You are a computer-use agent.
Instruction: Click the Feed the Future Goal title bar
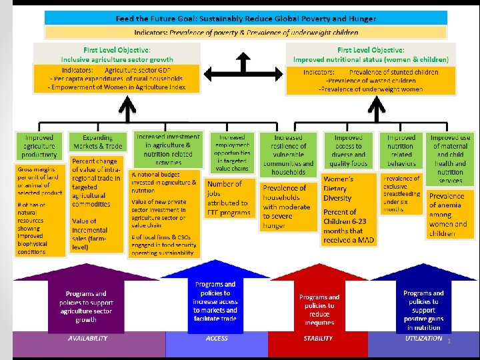245,19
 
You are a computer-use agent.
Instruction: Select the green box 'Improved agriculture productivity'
40,147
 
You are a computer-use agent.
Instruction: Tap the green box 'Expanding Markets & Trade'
98,143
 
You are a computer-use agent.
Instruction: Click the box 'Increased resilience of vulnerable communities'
288,155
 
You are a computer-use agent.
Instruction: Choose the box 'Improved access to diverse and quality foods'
348,151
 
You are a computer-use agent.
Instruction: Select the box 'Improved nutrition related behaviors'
401,151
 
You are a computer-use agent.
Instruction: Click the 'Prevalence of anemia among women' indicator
447,215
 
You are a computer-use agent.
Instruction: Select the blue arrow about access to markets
215,301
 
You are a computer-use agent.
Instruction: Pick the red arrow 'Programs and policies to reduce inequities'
319,308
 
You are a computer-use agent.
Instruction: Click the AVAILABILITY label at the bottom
87,339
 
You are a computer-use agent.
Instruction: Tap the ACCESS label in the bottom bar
216,339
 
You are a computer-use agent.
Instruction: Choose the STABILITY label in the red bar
318,339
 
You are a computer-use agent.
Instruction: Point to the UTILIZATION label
423,339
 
